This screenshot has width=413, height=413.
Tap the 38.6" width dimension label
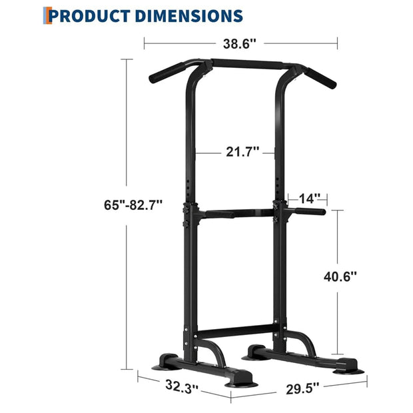click(240, 43)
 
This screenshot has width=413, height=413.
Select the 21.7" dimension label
click(242, 152)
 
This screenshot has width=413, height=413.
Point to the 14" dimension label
click(310, 198)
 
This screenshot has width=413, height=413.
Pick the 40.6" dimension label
click(339, 275)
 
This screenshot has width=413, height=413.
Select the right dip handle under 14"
click(310, 212)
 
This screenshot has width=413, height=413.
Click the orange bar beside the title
click(47, 14)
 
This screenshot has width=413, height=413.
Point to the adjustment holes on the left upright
click(192, 190)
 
